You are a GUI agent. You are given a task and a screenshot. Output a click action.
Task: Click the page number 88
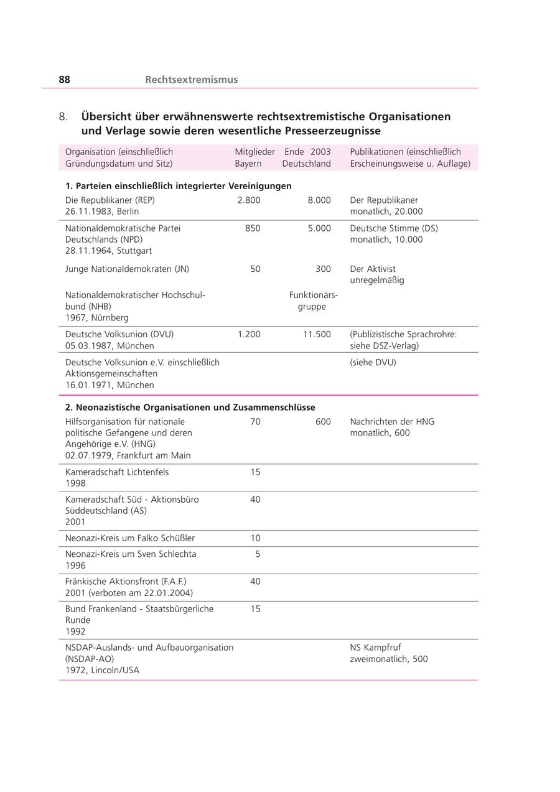pyautogui.click(x=65, y=80)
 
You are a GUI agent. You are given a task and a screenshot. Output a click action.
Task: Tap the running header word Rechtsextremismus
pyautogui.click(x=191, y=80)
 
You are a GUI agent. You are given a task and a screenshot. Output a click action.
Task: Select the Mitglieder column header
pyautogui.click(x=254, y=152)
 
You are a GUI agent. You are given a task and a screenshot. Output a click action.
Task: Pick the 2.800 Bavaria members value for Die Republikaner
pyautogui.click(x=249, y=200)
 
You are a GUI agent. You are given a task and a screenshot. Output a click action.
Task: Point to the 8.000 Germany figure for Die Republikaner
pyautogui.click(x=319, y=200)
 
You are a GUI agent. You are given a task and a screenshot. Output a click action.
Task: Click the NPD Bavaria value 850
pyautogui.click(x=253, y=228)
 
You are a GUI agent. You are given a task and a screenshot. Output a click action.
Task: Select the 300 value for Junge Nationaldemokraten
pyautogui.click(x=323, y=269)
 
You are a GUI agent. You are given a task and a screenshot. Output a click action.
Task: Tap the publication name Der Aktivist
pyautogui.click(x=373, y=269)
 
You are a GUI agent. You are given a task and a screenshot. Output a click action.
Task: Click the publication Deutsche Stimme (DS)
pyautogui.click(x=394, y=228)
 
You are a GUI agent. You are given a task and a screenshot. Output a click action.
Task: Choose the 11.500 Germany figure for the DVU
pyautogui.click(x=317, y=334)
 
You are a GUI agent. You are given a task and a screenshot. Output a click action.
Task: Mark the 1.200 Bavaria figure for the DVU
pyautogui.click(x=249, y=334)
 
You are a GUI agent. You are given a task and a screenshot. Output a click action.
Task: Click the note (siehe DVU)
pyautogui.click(x=373, y=362)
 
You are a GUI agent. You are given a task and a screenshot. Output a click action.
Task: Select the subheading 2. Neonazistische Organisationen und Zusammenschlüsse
pyautogui.click(x=190, y=408)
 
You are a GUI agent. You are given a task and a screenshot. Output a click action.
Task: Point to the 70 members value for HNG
pyautogui.click(x=255, y=422)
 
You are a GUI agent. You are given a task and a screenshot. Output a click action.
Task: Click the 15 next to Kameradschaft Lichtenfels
pyautogui.click(x=255, y=472)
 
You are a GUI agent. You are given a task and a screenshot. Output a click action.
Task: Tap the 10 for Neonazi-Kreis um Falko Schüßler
pyautogui.click(x=255, y=538)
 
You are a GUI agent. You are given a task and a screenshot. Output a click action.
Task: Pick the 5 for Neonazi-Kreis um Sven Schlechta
pyautogui.click(x=258, y=554)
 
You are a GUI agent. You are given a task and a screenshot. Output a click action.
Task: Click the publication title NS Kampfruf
pyautogui.click(x=375, y=648)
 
